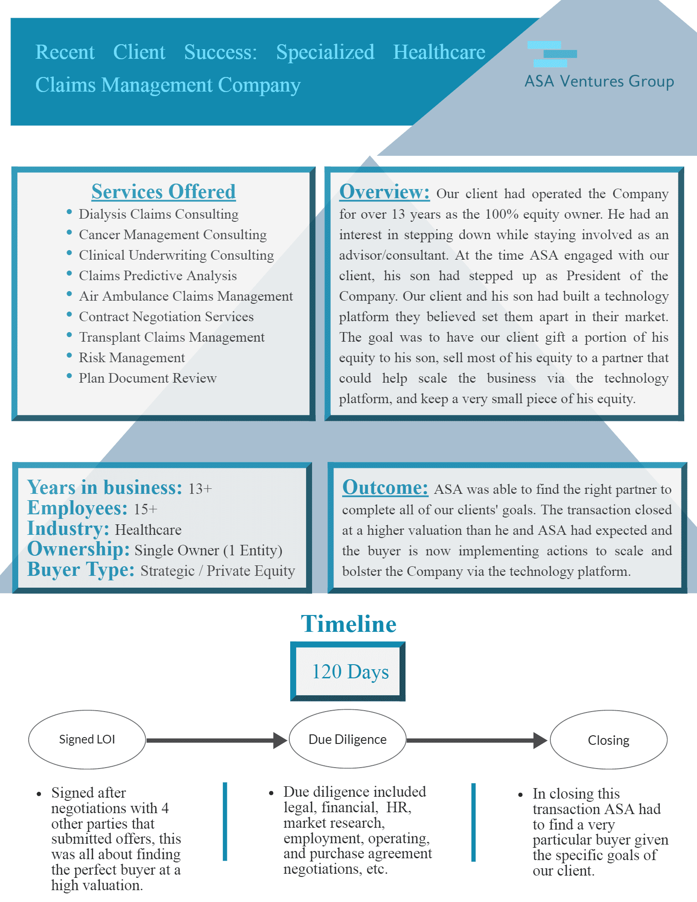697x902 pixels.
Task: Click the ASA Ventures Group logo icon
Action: (x=552, y=54)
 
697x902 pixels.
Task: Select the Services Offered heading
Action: (x=164, y=192)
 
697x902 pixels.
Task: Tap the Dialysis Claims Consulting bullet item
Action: (x=159, y=214)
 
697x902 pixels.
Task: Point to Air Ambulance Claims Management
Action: (x=186, y=296)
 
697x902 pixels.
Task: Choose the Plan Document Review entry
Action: (x=148, y=378)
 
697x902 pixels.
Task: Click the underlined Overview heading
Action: (x=384, y=192)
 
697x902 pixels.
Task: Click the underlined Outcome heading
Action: (x=385, y=487)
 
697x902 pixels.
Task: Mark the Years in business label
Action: (x=105, y=487)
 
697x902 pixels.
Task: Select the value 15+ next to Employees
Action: (x=145, y=509)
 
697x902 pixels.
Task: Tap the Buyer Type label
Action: (x=81, y=569)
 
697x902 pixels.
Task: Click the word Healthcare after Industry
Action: (x=148, y=530)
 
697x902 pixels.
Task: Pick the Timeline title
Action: (x=348, y=624)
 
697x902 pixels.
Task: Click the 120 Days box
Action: (x=348, y=671)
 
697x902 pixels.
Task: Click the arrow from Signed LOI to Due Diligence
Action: (x=217, y=740)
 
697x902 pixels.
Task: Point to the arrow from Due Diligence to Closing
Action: (x=477, y=740)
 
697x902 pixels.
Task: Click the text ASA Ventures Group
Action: (x=599, y=81)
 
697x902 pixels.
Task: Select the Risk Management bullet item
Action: (x=132, y=358)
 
